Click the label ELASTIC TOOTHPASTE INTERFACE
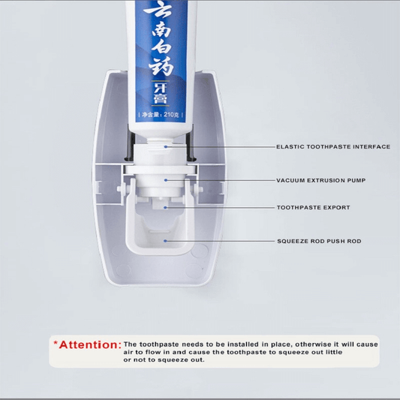tap(333, 147)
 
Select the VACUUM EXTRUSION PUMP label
tap(320, 181)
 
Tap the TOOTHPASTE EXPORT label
tap(313, 208)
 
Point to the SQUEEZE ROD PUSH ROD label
tap(318, 242)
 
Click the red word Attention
tap(89, 345)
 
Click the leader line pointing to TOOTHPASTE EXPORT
tap(225, 208)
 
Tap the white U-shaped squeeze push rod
tap(161, 242)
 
